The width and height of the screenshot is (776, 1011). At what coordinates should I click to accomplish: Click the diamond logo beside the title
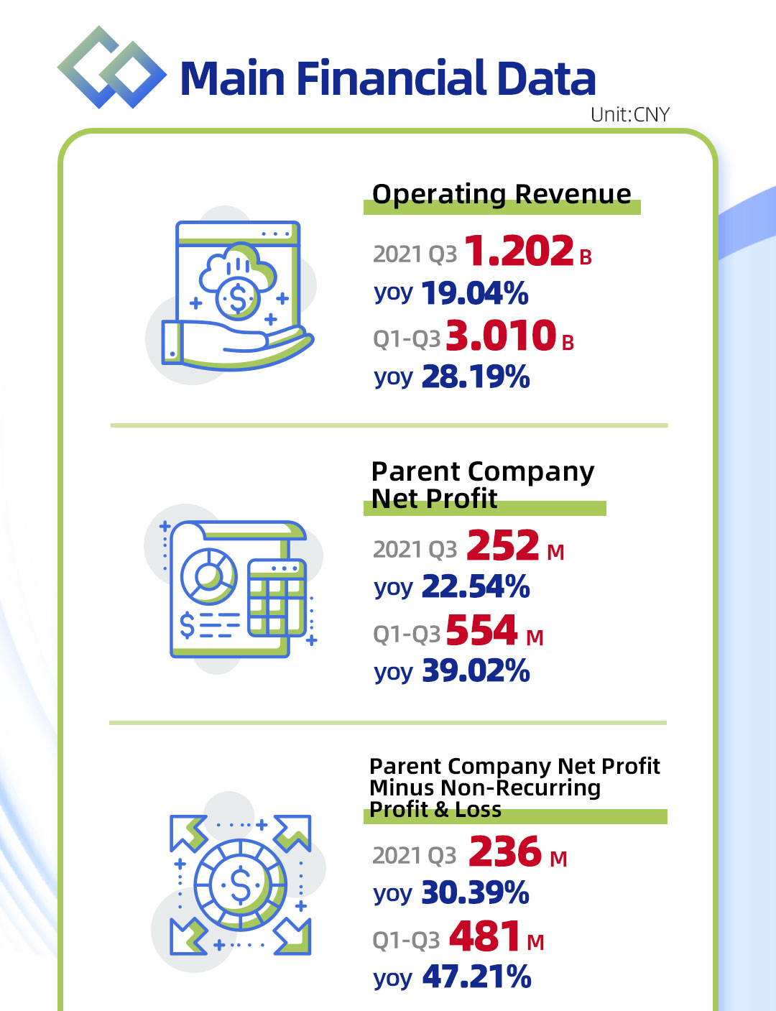point(111,68)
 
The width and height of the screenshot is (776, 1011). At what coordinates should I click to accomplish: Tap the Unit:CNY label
point(629,115)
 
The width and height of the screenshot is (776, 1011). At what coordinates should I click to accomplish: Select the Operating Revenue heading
point(502,194)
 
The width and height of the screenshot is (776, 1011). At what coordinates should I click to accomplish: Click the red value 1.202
point(519,251)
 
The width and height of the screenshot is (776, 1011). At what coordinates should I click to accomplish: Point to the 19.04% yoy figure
point(475,294)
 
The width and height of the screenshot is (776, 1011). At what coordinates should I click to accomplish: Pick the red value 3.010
point(501,336)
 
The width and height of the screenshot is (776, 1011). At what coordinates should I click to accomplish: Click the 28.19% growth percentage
point(476,377)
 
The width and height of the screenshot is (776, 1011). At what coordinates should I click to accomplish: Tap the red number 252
point(502,545)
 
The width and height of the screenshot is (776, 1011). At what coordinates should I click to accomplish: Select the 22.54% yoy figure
point(476,587)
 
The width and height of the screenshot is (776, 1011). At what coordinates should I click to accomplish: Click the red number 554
point(481,631)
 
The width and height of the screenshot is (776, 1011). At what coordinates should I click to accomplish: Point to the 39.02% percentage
point(476,671)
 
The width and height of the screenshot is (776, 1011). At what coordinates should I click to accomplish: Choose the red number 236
point(504,852)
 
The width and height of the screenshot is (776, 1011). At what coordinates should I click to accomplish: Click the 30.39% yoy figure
point(475,893)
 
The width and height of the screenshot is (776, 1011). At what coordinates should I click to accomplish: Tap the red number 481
point(485,937)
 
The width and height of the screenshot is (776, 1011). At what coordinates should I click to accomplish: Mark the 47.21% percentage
point(476,977)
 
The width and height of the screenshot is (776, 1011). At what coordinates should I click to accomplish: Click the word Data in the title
point(546,78)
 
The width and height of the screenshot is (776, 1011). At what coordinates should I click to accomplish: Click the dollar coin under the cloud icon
point(236,298)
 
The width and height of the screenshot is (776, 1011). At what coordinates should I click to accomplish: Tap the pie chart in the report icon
point(208,576)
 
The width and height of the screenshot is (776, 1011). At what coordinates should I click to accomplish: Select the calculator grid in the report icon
point(276,598)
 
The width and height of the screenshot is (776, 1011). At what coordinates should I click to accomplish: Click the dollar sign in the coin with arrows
point(240,885)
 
